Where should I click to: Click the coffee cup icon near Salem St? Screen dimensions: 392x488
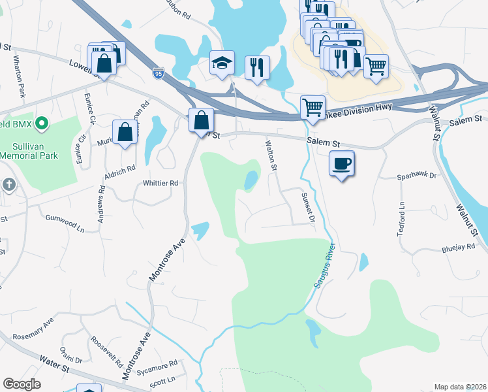click(341, 163)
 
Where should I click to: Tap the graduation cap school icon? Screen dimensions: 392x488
click(222, 63)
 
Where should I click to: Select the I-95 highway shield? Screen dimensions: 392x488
click(159, 73)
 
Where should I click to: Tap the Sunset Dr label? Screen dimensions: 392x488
click(308, 208)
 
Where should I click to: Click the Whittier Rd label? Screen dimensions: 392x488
click(160, 184)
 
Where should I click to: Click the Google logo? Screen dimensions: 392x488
click(22, 384)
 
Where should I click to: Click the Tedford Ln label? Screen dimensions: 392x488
click(402, 218)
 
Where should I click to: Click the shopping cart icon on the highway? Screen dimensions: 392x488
click(313, 106)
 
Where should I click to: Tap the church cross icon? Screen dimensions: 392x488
click(8, 185)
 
